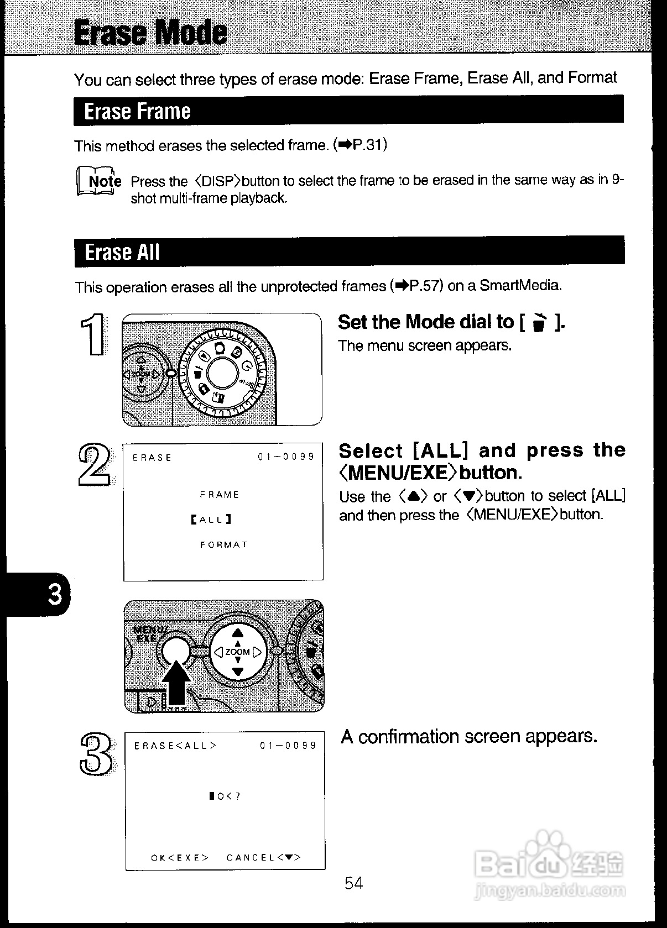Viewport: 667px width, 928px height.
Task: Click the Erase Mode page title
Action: click(x=150, y=32)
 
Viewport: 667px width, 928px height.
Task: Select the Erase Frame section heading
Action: click(x=137, y=111)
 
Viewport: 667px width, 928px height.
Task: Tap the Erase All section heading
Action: click(x=122, y=252)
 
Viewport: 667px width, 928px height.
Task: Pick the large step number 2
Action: click(x=94, y=465)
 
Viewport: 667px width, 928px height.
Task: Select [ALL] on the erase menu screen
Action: click(x=211, y=520)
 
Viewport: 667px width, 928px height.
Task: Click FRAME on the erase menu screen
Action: click(x=220, y=495)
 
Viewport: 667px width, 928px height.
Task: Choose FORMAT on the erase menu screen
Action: click(x=224, y=544)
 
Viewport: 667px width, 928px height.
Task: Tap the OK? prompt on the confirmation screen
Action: click(x=225, y=796)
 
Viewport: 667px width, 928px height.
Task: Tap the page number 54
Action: click(x=353, y=883)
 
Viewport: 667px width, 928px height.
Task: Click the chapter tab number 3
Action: click(x=55, y=595)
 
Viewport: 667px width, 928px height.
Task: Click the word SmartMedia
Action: click(x=520, y=285)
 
